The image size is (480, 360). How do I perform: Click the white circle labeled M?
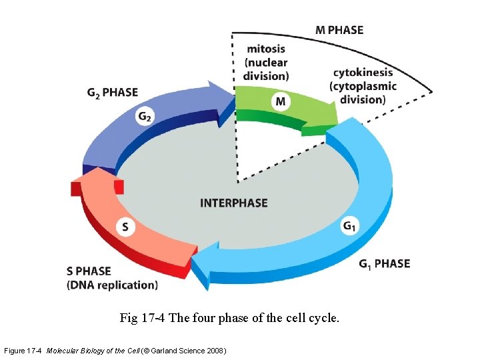tap(281, 101)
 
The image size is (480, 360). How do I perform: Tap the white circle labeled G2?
tap(145, 117)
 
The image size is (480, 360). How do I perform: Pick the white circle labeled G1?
tap(350, 227)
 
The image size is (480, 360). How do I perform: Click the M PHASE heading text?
tap(339, 30)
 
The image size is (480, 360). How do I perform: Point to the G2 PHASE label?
tap(113, 92)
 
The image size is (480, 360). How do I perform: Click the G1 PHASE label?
tap(384, 264)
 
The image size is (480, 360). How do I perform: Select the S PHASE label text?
tap(89, 271)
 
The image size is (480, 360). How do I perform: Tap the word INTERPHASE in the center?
tap(234, 203)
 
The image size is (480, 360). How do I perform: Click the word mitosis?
tap(265, 48)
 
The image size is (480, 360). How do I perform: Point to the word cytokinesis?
tap(363, 72)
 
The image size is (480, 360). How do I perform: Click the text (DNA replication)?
tap(112, 285)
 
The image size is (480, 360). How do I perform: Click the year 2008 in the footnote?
tap(213, 351)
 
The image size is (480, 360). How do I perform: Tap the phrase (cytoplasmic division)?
tap(363, 93)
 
